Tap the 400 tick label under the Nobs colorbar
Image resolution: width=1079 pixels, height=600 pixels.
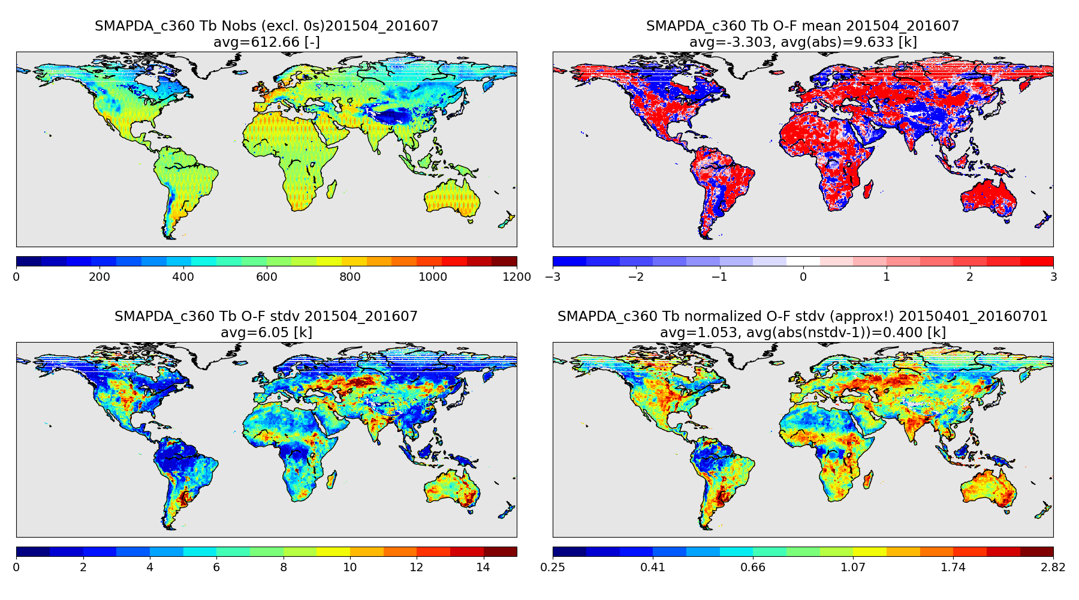coord(183,277)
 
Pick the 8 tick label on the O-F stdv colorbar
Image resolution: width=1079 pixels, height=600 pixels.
coord(284,567)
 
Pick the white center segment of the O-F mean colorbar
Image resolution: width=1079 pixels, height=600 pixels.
coord(803,261)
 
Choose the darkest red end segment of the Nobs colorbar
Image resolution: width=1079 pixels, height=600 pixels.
coord(504,261)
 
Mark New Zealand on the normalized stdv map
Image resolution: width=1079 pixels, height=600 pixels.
coord(1044,511)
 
